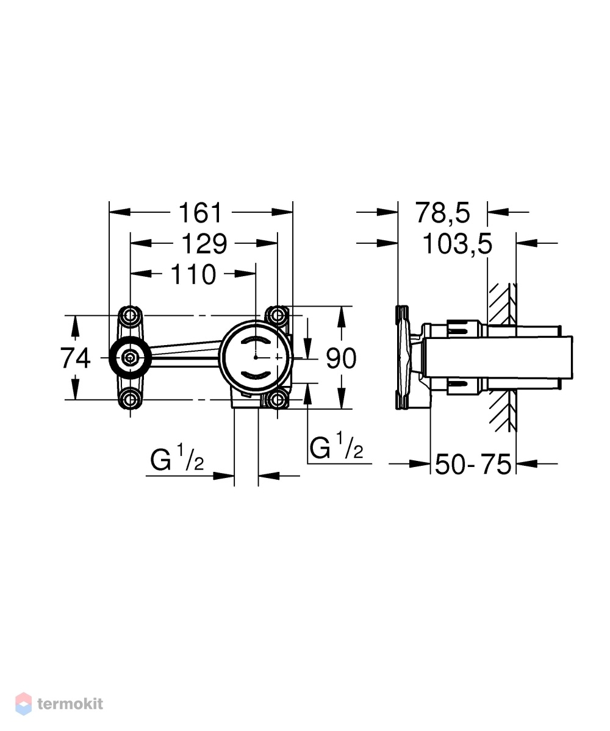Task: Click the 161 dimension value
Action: (x=201, y=213)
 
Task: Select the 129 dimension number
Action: (x=204, y=244)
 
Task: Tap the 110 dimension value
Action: (x=193, y=274)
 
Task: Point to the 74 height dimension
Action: (x=75, y=358)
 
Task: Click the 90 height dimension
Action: (x=341, y=358)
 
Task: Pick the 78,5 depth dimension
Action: (x=443, y=213)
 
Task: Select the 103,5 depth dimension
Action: (x=457, y=244)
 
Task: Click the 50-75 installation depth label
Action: (x=473, y=465)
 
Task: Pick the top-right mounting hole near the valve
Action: (x=278, y=316)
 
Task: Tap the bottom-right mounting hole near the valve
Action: (x=278, y=399)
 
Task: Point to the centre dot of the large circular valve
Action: (x=256, y=357)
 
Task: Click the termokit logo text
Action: (x=70, y=704)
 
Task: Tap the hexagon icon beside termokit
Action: (x=23, y=704)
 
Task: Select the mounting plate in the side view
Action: (x=401, y=358)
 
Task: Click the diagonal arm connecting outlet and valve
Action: (x=185, y=352)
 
